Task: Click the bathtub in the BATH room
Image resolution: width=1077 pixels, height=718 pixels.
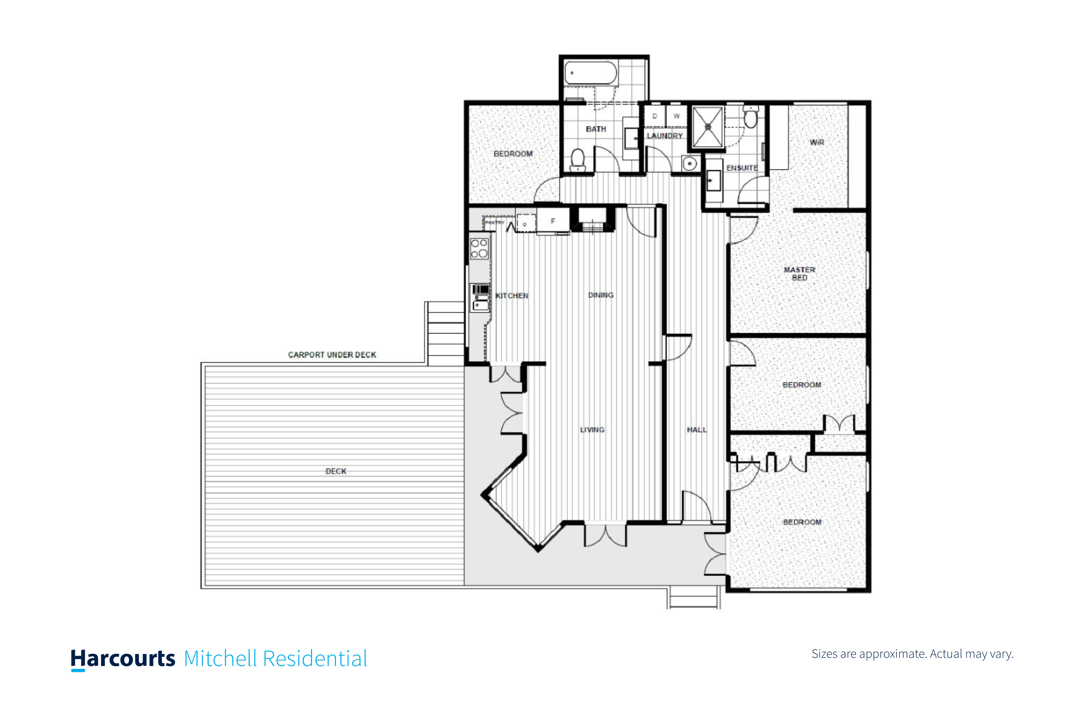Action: (591, 73)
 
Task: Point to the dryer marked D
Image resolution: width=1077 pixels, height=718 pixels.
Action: (655, 116)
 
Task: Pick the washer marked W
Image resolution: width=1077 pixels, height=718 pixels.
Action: (676, 116)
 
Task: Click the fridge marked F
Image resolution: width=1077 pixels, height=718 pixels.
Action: (553, 221)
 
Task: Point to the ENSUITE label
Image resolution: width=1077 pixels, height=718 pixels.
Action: (742, 168)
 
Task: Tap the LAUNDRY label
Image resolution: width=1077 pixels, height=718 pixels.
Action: (664, 136)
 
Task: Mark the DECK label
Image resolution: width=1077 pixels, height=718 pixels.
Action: (336, 471)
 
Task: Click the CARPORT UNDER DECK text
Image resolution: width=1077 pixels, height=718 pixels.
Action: (332, 355)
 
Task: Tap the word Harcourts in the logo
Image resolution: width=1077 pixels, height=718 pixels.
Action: (123, 658)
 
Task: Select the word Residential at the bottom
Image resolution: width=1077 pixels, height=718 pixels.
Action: (315, 658)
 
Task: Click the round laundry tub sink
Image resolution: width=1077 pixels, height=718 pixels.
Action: (690, 163)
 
